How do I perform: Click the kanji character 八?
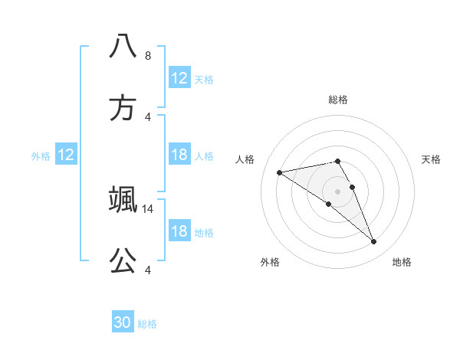123,46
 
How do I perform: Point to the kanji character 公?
123,261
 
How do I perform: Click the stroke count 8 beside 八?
148,55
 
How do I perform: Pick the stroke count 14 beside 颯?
149,208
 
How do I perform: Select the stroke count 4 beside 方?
148,116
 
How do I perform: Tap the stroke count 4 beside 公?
148,270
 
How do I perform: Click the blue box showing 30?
123,322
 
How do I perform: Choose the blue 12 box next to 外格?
66,155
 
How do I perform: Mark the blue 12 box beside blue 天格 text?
179,78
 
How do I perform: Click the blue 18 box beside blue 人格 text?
179,155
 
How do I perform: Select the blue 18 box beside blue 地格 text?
179,232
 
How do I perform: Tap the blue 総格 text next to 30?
147,324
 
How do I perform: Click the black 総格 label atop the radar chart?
337,100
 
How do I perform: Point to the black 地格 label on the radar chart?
402,262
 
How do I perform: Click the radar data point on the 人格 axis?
279,172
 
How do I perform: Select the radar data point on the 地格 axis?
373,242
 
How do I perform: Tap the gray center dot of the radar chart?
337,191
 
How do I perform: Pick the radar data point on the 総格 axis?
337,161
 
